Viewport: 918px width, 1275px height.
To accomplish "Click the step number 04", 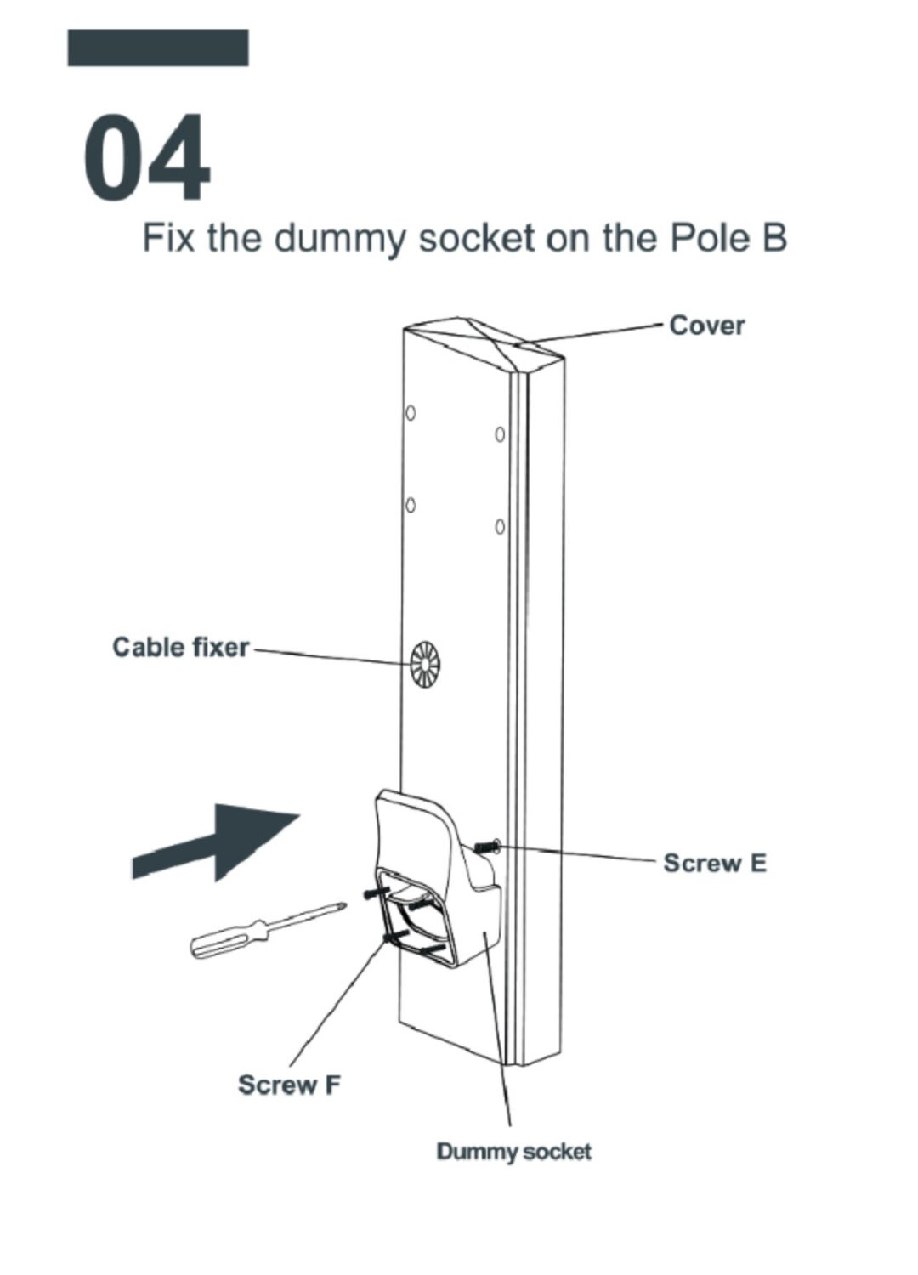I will coord(146,158).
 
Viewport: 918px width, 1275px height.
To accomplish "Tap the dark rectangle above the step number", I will coord(158,48).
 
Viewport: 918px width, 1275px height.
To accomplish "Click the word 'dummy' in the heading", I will coord(339,238).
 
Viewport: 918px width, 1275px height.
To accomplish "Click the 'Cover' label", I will coord(706,326).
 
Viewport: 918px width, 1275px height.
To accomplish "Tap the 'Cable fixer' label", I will coord(181,648).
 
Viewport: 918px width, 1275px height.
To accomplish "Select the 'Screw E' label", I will coord(714,864).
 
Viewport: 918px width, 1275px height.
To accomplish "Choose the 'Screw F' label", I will coord(289,1085).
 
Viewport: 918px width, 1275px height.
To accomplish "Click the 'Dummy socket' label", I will coord(513,1153).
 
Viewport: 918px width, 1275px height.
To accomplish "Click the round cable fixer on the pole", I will coord(424,665).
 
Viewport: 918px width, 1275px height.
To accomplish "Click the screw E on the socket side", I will coord(487,847).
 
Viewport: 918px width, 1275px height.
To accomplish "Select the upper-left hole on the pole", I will coord(411,413).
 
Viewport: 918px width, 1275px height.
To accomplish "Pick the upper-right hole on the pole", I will coord(500,434).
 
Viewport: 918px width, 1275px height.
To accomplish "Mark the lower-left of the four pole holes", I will coord(411,505).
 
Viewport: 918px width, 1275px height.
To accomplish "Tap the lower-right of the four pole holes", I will coord(500,527).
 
